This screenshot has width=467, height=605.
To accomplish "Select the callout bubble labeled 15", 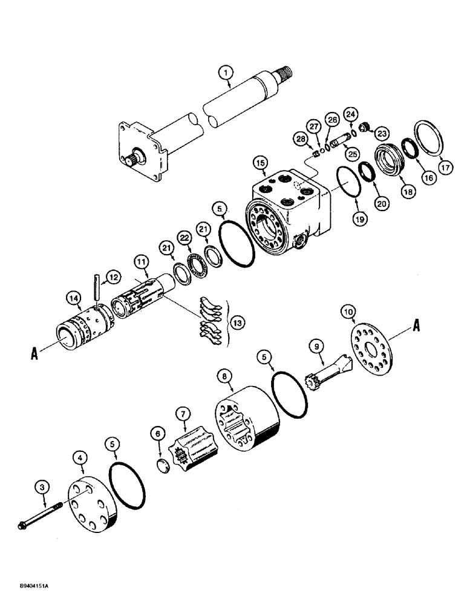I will pyautogui.click(x=260, y=164).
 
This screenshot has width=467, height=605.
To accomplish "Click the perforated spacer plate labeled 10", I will pyautogui.click(x=370, y=355).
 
